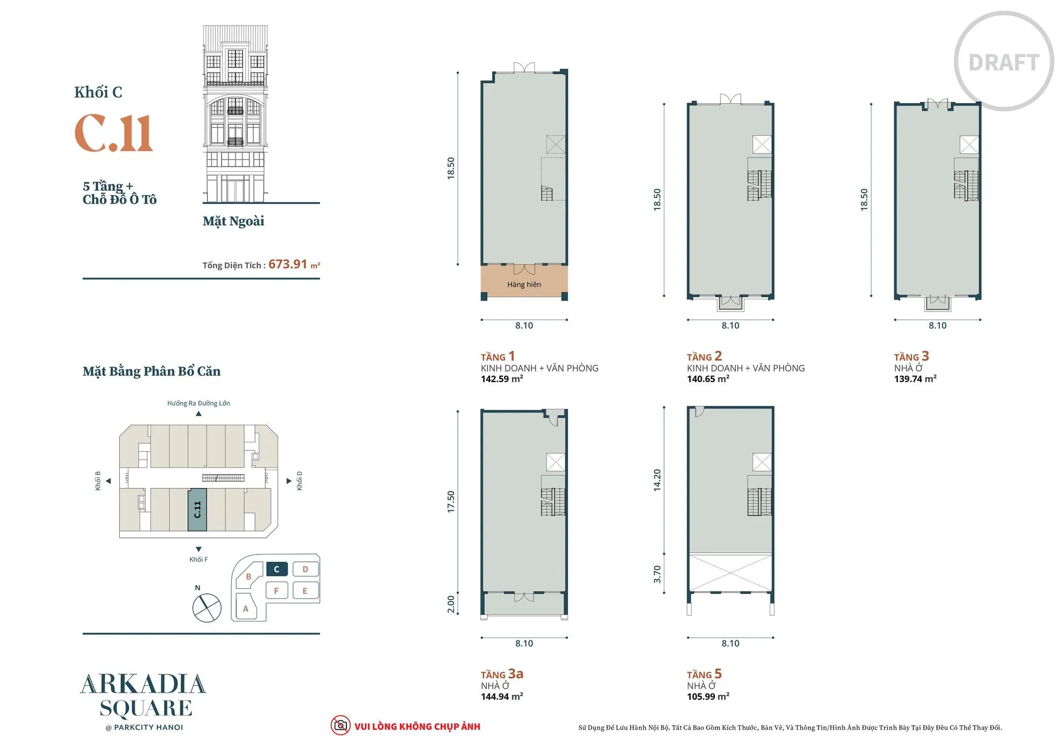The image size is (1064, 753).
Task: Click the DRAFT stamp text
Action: (1004, 63)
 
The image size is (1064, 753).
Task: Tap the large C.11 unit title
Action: (114, 134)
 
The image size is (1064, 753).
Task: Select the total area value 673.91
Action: (288, 264)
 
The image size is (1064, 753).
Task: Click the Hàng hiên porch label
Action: (524, 284)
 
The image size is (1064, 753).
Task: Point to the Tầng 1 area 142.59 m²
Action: (502, 379)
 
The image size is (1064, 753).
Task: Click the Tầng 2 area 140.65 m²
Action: (708, 379)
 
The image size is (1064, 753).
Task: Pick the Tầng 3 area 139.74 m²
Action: (915, 379)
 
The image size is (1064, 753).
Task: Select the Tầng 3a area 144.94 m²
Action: (502, 696)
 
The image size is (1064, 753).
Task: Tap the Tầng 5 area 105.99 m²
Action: (708, 696)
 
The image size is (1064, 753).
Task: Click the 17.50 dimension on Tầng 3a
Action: (451, 501)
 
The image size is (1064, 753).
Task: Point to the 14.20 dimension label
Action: (657, 480)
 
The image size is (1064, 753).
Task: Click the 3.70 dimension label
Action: (657, 574)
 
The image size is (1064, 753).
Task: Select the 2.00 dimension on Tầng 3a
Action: (451, 604)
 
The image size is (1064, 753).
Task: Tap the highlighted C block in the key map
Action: (277, 569)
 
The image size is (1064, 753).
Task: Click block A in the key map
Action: (245, 608)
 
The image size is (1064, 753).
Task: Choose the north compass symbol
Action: (207, 608)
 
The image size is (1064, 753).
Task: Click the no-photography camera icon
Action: (340, 725)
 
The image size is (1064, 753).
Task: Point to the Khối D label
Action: (299, 481)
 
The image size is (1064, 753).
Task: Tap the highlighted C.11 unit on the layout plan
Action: (197, 510)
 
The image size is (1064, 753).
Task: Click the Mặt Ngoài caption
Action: (233, 221)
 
